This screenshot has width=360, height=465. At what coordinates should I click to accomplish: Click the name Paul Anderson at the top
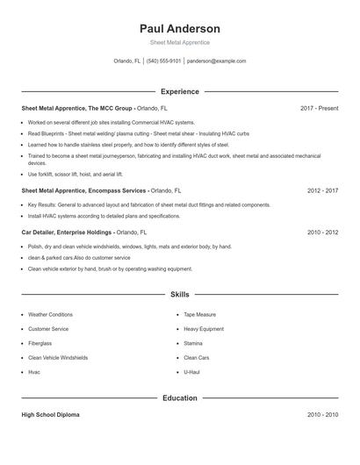(179, 28)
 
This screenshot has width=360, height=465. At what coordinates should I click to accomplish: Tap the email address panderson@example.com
(216, 61)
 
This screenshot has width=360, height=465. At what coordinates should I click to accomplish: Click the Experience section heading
(179, 91)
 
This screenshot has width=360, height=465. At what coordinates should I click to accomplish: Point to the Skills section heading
(179, 295)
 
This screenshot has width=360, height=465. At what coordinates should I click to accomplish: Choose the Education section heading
(179, 397)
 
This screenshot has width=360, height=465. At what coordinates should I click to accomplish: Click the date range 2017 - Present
(319, 108)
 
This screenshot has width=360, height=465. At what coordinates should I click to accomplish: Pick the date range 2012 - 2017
(322, 190)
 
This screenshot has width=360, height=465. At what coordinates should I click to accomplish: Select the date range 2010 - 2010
(322, 414)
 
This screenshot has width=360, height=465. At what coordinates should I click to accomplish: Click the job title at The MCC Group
(77, 108)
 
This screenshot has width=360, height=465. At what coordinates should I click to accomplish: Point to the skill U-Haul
(192, 372)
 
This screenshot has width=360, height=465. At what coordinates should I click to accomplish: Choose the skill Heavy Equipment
(203, 328)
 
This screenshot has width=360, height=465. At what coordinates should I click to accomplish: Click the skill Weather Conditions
(50, 314)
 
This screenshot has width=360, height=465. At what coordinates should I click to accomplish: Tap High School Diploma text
(50, 414)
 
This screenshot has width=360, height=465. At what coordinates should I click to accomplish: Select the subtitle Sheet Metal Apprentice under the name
(179, 42)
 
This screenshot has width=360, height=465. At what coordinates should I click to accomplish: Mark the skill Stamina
(193, 343)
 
